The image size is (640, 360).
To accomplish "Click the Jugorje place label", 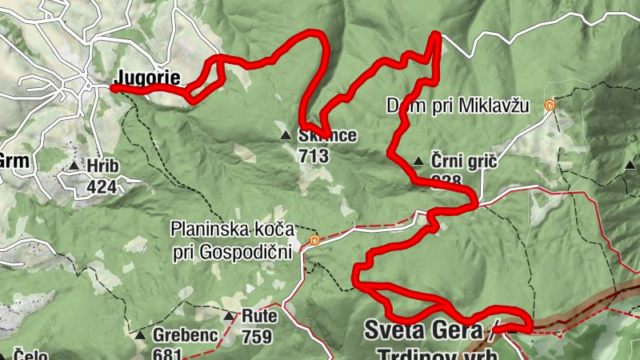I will (x=148, y=78).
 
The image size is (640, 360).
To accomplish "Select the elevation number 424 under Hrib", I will (x=102, y=187).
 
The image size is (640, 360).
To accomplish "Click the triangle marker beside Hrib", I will (x=74, y=166).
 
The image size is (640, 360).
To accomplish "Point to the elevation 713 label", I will (x=313, y=156).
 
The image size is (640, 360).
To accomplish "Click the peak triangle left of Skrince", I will (x=286, y=135).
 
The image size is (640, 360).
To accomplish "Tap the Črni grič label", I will (x=464, y=162).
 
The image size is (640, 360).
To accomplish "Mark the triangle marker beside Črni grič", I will (x=418, y=162).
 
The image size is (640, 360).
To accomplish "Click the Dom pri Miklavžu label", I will (x=458, y=105).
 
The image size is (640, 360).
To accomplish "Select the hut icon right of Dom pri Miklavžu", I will (x=550, y=105).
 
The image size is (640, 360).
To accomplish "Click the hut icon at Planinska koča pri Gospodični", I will (x=314, y=240).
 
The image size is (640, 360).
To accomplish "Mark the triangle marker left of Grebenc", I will (x=141, y=335).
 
